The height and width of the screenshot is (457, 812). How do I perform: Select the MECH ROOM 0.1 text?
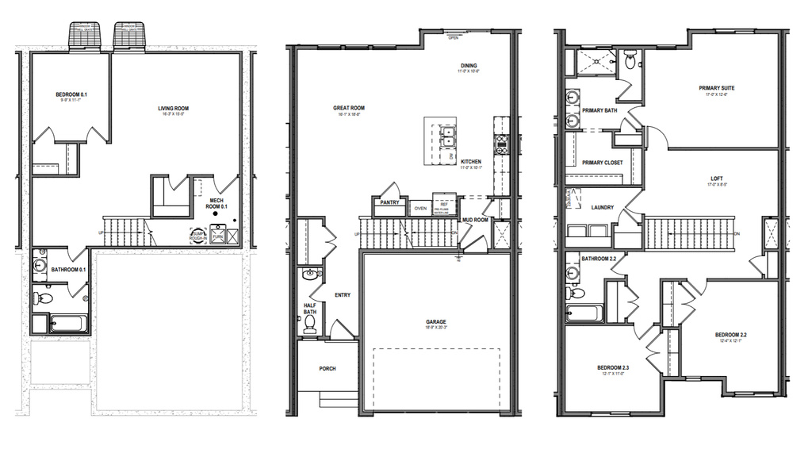(x=218, y=203)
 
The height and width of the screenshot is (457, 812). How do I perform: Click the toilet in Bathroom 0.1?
(x=45, y=299)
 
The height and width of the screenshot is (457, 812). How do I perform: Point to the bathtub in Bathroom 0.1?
(x=69, y=324)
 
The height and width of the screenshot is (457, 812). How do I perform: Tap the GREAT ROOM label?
(x=349, y=108)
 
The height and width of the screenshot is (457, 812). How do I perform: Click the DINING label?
(x=470, y=66)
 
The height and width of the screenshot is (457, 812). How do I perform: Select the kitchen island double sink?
(x=446, y=136)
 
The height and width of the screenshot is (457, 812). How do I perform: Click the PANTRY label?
(x=389, y=202)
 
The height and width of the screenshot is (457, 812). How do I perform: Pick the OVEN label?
(x=420, y=209)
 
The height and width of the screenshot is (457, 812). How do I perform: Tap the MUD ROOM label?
(x=475, y=220)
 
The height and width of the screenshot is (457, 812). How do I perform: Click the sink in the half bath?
(x=309, y=275)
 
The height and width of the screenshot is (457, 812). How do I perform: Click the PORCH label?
(x=327, y=368)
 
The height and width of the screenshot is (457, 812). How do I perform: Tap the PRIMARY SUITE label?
(x=716, y=88)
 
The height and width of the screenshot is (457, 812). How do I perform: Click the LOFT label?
(x=717, y=179)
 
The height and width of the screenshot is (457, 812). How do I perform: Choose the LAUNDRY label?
(x=603, y=208)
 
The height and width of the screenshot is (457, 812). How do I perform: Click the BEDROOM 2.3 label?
(x=613, y=368)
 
